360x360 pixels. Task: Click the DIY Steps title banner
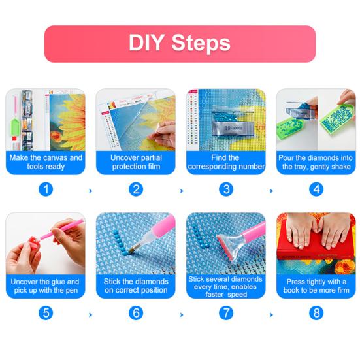180,44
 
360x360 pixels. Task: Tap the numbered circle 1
45,189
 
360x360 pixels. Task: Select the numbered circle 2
136,189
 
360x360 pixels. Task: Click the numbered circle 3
226,189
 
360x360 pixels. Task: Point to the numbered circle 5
45,313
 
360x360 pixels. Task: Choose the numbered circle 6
136,313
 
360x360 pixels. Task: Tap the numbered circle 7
226,313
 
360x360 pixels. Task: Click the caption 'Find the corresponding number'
226,162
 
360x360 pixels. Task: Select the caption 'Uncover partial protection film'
136,162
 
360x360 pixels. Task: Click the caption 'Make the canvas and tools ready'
45,162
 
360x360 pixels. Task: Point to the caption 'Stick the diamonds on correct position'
136,286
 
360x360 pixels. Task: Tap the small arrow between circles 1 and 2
90,191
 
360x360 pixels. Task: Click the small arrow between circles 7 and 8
271,314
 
